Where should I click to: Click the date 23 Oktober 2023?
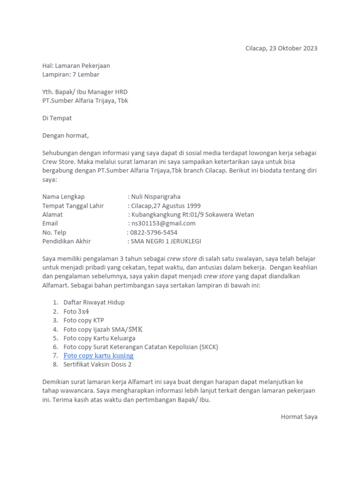(293, 48)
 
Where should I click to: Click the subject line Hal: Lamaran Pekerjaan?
(76, 66)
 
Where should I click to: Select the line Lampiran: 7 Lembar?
(70, 75)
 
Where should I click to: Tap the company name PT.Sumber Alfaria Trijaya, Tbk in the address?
(85, 101)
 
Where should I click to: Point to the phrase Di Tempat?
(57, 118)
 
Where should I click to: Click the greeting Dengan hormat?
(65, 136)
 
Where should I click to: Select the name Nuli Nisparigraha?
(156, 197)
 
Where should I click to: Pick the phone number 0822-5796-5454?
(154, 232)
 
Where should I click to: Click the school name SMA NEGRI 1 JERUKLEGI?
(165, 241)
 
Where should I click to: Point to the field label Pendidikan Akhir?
(67, 241)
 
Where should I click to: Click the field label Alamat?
(52, 215)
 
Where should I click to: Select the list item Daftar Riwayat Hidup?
(94, 302)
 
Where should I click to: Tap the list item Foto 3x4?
(76, 311)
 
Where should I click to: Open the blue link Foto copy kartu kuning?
(98, 356)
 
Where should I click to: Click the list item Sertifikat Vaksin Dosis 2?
(97, 364)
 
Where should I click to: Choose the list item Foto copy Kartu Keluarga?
(99, 338)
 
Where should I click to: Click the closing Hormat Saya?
(299, 417)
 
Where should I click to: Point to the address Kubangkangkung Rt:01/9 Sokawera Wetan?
(193, 215)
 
